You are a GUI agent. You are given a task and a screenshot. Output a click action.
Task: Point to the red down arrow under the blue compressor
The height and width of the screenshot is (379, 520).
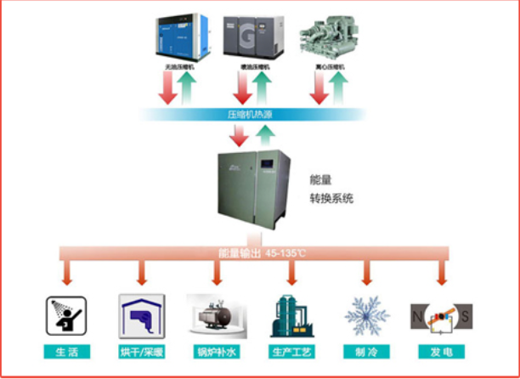pos(168,88)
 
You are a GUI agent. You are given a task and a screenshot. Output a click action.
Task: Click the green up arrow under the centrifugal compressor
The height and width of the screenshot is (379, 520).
pos(340,88)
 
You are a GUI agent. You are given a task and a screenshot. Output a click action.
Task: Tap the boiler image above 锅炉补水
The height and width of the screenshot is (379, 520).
pos(216,315)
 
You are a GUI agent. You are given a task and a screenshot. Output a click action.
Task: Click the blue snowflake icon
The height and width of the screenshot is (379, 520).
pos(366,315)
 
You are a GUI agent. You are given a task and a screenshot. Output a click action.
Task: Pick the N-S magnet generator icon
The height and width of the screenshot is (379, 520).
pos(440,316)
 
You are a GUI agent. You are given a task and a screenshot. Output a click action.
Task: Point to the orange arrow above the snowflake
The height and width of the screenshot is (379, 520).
pos(367,274)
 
